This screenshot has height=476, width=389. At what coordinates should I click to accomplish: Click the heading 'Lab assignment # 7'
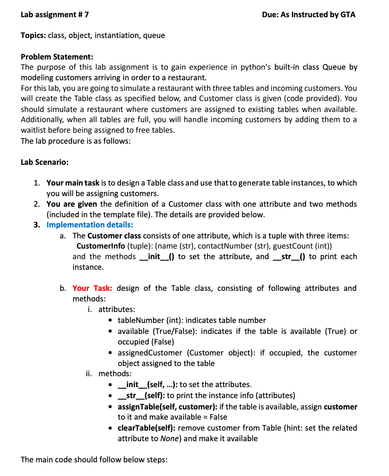[x=54, y=15]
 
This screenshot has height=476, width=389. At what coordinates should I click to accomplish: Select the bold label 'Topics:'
[x=33, y=36]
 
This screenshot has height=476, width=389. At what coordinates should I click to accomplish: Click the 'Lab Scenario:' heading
[x=44, y=162]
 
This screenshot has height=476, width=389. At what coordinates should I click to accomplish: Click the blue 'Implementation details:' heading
[x=90, y=225]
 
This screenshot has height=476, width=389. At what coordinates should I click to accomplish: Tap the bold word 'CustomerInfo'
[x=101, y=246]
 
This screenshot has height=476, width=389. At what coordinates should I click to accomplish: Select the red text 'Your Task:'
[x=92, y=288]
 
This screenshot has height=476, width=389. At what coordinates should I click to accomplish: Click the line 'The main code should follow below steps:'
[x=94, y=460]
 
